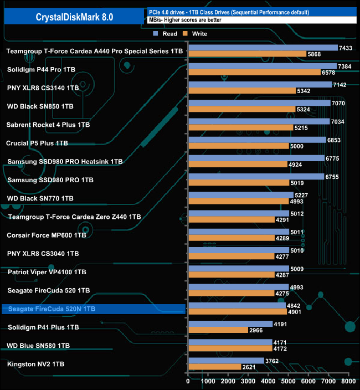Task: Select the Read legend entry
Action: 167,33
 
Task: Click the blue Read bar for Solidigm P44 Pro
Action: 262,66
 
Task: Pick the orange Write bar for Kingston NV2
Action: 214,367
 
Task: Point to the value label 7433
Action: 346,48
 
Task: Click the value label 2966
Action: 256,330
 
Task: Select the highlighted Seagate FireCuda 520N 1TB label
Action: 52,309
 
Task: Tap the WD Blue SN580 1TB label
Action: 38,346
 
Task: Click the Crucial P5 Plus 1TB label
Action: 37,143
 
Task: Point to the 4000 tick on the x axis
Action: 268,382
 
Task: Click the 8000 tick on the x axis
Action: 348,382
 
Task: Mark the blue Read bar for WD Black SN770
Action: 240,194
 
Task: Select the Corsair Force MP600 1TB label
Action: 47,235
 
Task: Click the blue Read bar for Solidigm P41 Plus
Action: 230,324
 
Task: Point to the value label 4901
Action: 295,312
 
